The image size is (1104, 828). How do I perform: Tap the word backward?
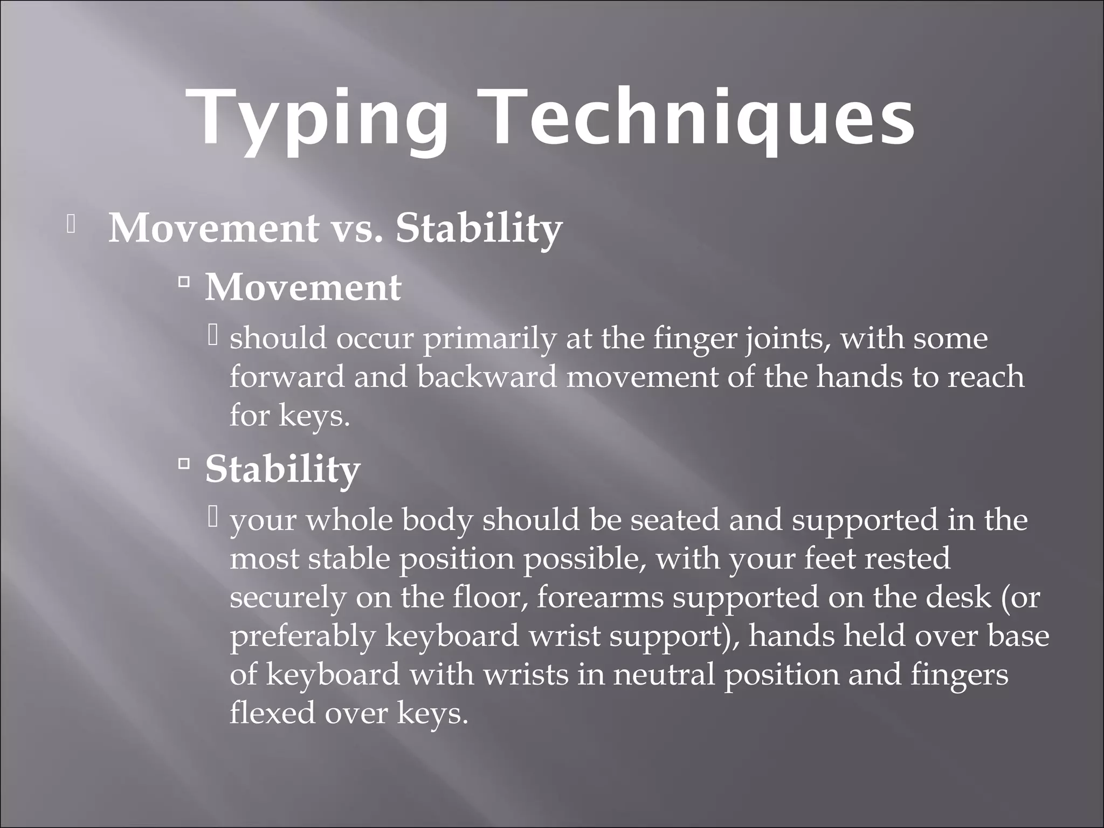click(x=486, y=377)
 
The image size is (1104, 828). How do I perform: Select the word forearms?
click(x=600, y=598)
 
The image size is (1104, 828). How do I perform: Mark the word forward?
click(x=287, y=377)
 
